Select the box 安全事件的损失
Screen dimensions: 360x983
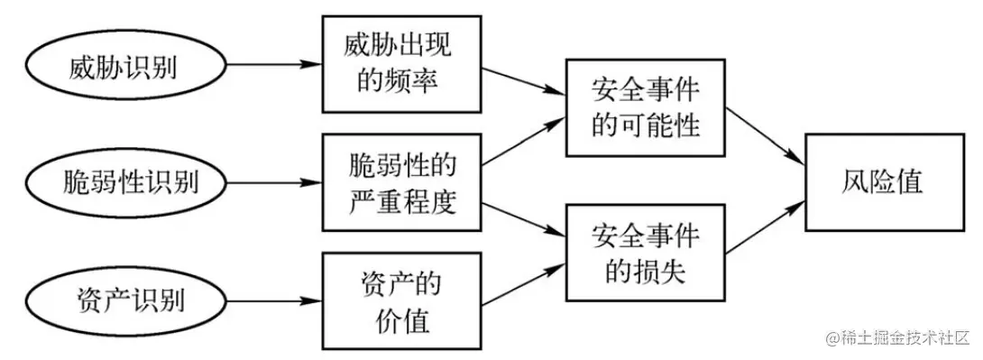pos(646,254)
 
